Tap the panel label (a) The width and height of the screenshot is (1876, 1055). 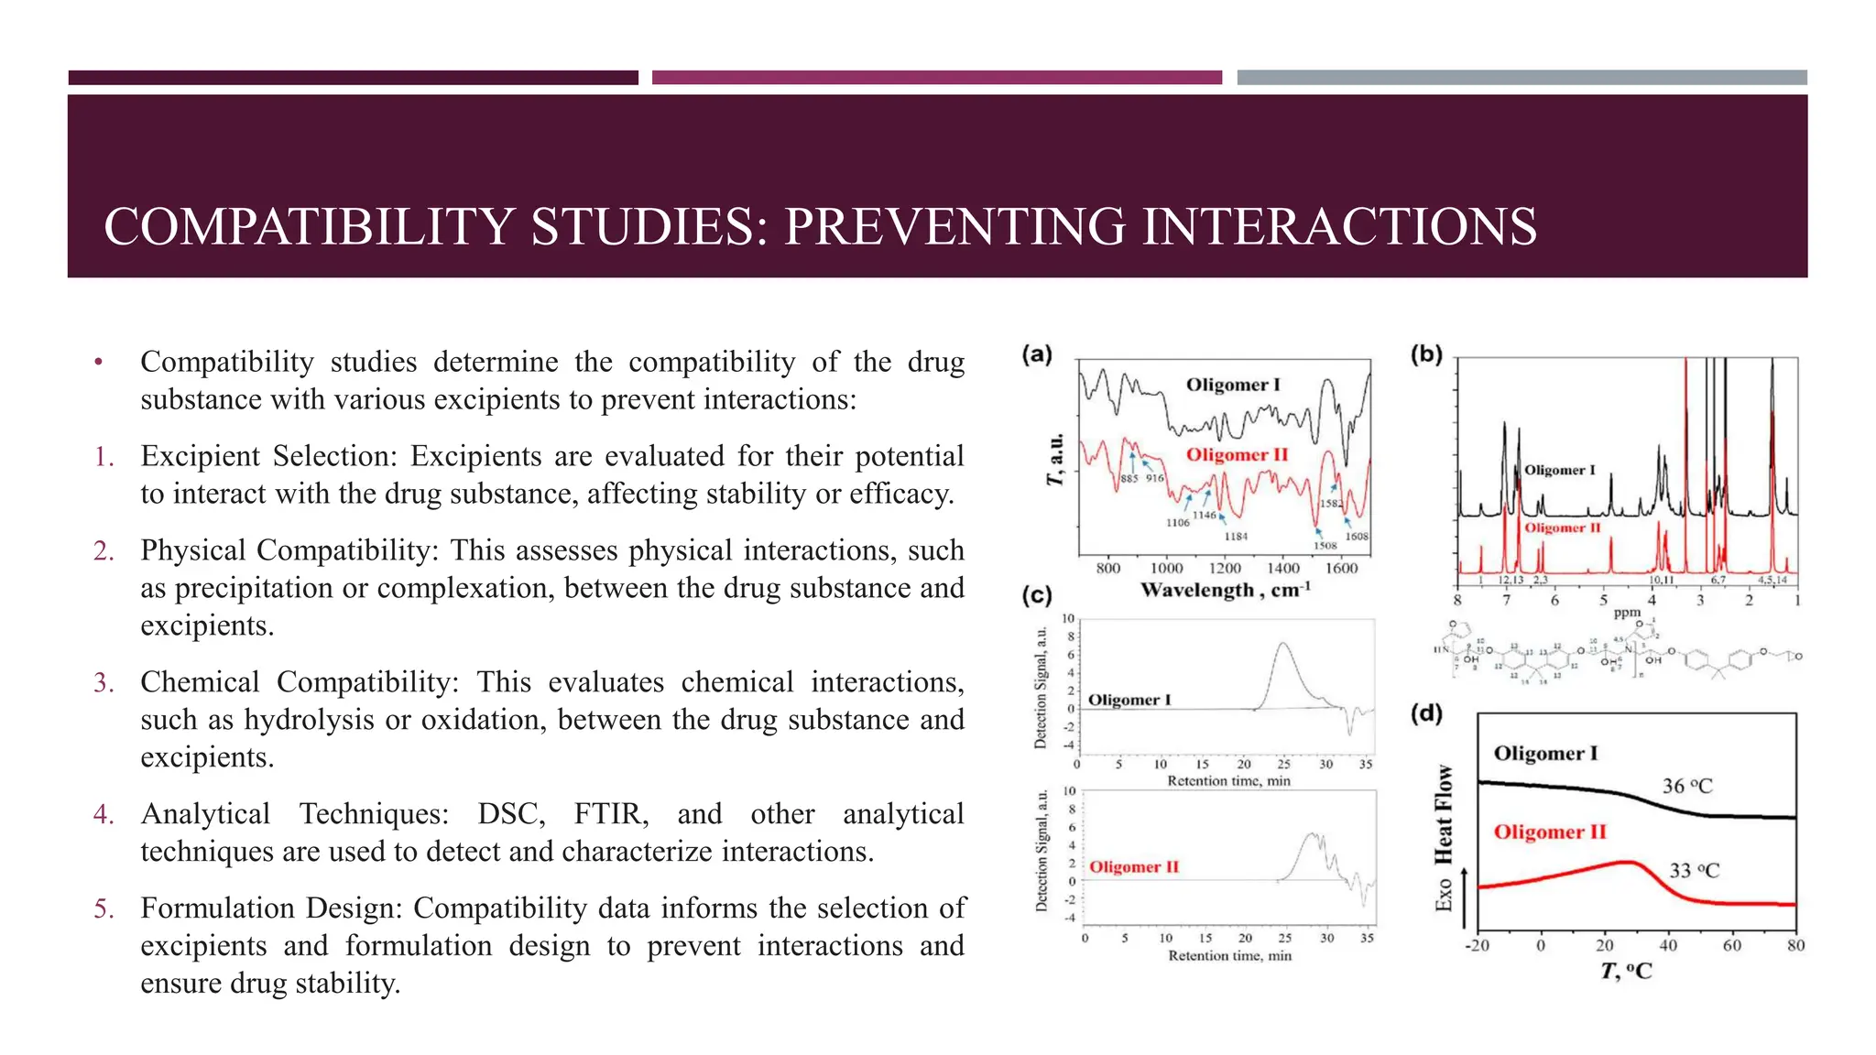pos(1037,354)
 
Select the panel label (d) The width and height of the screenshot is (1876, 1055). pos(1426,713)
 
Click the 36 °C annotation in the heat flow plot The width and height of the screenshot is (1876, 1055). pos(1686,786)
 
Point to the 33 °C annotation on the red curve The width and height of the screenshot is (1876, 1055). pos(1694,870)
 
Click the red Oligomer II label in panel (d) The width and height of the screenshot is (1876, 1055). pos(1550,832)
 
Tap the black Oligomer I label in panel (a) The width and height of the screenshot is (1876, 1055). pos(1232,385)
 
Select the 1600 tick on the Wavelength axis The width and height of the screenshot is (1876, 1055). pos(1341,568)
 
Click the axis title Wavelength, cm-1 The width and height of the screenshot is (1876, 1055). pos(1225,591)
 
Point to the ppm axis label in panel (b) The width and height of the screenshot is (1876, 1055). pos(1627,613)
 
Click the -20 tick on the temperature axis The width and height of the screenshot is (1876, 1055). pos(1477,945)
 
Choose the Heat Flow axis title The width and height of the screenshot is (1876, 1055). pos(1444,815)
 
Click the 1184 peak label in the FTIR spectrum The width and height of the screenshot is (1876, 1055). pos(1236,536)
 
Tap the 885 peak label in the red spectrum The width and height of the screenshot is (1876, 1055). pos(1129,479)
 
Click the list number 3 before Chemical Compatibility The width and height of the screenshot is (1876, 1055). pos(104,682)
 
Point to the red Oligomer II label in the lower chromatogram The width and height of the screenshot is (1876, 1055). pos(1133,866)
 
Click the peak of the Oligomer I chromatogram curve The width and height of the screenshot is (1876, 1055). pos(1282,644)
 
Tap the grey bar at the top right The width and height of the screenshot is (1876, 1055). pos(1522,78)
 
